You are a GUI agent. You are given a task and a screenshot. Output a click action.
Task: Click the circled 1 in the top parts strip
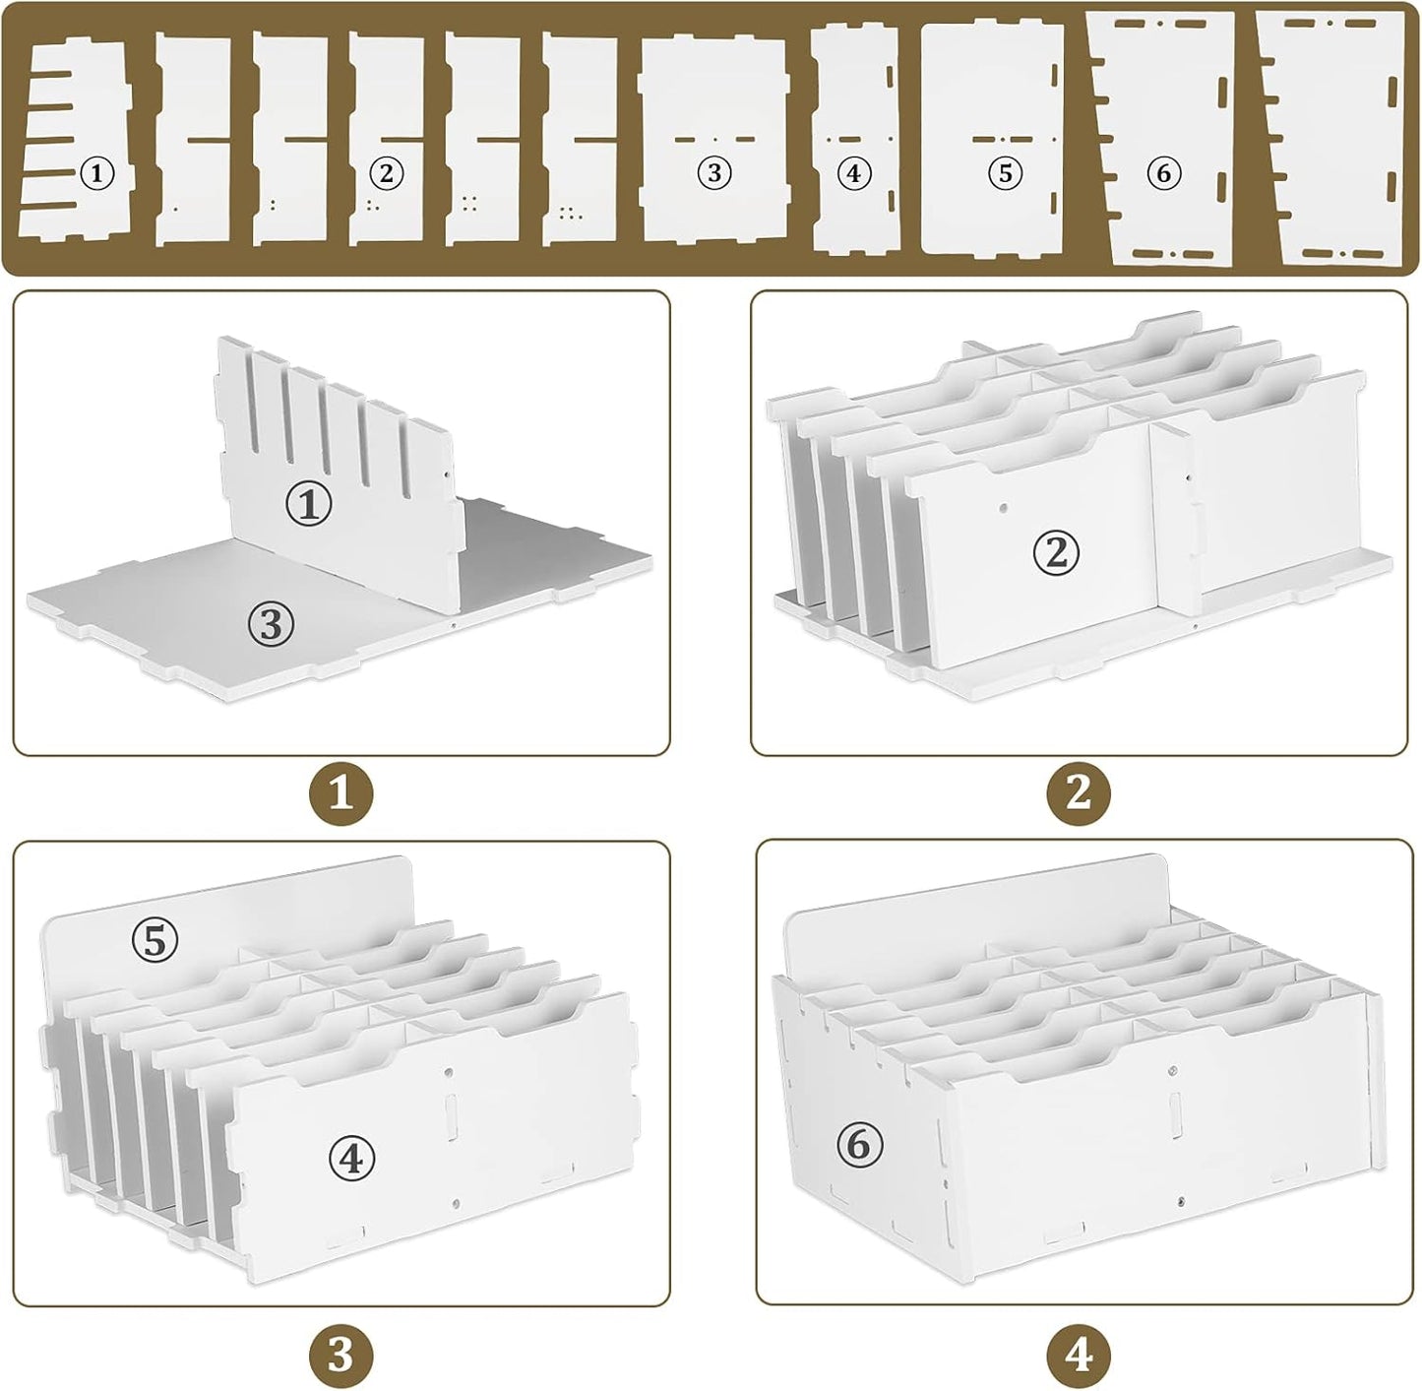(96, 175)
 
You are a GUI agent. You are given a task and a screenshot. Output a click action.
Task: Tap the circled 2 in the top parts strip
(386, 174)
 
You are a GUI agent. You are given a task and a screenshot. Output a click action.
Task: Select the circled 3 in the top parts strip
(714, 174)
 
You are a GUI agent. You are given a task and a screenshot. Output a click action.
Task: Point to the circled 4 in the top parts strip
(853, 174)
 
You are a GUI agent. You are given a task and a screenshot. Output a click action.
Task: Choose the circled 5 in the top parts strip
(1005, 174)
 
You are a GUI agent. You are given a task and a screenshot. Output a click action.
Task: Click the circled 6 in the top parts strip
(1163, 174)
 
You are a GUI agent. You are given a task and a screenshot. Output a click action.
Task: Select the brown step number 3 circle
(340, 1356)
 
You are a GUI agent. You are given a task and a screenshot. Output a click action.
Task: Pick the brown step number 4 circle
(1080, 1356)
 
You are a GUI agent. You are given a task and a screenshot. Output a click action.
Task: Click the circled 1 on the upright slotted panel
(309, 505)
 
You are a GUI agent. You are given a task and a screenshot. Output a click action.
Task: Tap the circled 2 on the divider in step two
(1056, 554)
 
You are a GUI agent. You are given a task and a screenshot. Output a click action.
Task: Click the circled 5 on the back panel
(155, 941)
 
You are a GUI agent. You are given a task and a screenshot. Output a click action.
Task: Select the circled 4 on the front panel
(352, 1160)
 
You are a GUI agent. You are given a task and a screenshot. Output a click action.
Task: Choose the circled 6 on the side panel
(860, 1145)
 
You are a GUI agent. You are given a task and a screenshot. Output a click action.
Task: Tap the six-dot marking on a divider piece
(568, 212)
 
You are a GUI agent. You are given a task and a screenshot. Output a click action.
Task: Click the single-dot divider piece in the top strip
(193, 138)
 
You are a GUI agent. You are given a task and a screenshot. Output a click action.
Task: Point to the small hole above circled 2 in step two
(1002, 510)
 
